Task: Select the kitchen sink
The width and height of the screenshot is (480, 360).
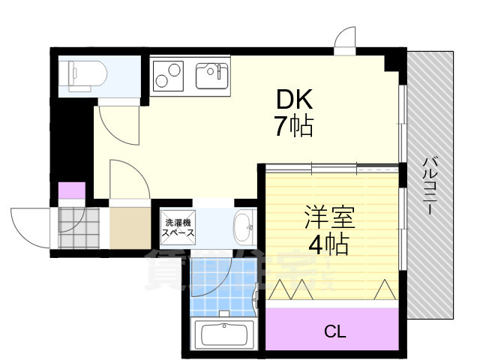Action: pyautogui.click(x=214, y=75)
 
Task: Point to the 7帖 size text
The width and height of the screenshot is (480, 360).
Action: pyautogui.click(x=293, y=126)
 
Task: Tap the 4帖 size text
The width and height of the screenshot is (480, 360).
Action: pyautogui.click(x=327, y=244)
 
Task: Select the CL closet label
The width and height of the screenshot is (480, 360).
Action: pyautogui.click(x=334, y=330)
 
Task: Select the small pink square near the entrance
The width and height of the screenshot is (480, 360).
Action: pyautogui.click(x=72, y=190)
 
